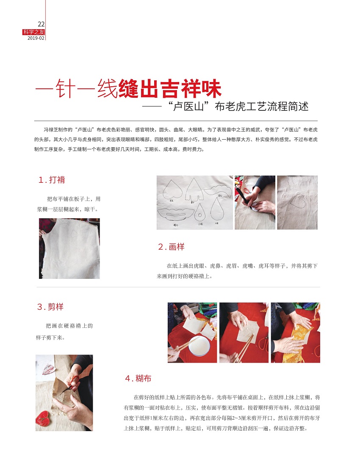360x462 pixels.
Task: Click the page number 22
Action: click(x=41, y=24)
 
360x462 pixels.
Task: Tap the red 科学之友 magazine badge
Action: click(x=33, y=32)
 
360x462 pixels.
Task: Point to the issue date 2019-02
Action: click(x=36, y=38)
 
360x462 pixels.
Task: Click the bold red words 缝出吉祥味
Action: click(x=170, y=88)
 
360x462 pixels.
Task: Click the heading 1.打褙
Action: click(x=52, y=180)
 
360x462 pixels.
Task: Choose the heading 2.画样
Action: click(x=171, y=247)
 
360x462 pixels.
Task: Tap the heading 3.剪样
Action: click(x=50, y=307)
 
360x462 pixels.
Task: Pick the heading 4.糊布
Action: click(x=138, y=378)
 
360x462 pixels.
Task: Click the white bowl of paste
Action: click(x=199, y=346)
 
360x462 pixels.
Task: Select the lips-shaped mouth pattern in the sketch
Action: click(x=176, y=214)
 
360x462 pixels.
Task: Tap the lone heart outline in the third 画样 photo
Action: click(x=297, y=200)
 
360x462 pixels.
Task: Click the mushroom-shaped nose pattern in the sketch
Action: click(x=194, y=190)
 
